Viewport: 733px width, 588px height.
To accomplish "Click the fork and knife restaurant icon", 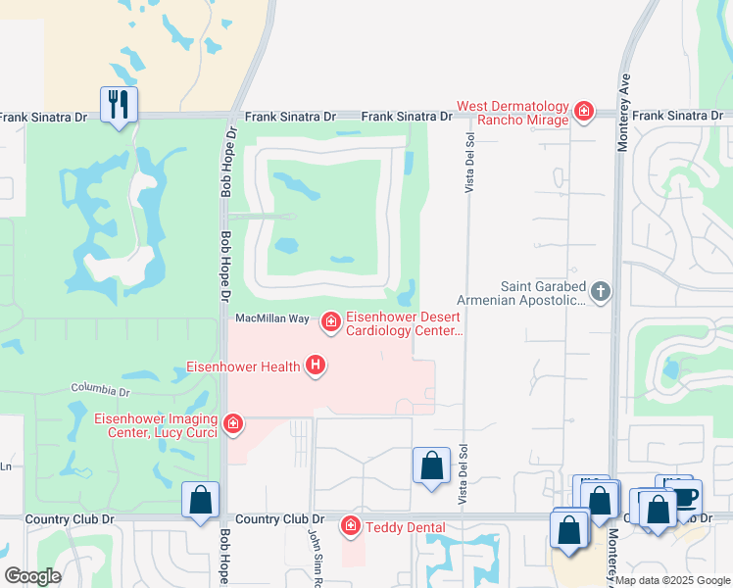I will coord(119,104).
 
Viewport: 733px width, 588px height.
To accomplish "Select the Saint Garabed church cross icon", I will coord(601,291).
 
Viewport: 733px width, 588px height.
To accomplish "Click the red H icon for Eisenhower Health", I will coord(316,367).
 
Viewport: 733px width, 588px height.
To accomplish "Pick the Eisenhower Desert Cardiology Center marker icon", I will coord(331,320).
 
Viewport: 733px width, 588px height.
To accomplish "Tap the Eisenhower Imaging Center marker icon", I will coord(233,423).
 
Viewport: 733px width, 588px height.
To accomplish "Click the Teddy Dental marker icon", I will coord(351,526).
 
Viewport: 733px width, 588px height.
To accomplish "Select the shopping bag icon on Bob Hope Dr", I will coord(201,500).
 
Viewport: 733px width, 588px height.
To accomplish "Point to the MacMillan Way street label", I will coord(271,319).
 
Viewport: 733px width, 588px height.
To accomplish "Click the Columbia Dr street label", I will coord(100,391).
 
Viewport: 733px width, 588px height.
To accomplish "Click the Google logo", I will coord(32,576).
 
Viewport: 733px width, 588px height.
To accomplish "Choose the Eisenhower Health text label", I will coord(243,367).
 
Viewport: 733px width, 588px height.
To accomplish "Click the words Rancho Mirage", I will coord(523,120).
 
